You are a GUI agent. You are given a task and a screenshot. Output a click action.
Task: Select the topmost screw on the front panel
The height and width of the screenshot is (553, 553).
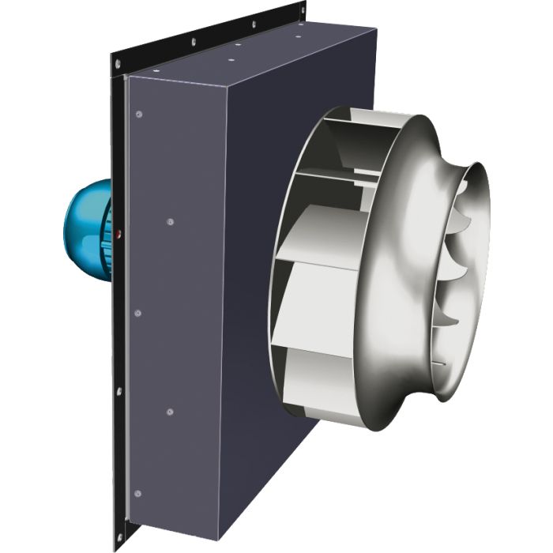coord(140,114)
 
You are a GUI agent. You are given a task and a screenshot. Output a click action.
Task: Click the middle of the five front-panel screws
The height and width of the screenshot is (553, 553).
coord(138,313)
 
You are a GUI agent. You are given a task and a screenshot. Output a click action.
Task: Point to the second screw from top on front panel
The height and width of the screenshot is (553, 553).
coord(169,222)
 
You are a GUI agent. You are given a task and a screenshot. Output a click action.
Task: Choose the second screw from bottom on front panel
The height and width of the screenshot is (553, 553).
coord(169,412)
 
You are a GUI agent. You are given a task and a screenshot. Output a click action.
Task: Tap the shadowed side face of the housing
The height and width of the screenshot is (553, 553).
coord(261,316)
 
